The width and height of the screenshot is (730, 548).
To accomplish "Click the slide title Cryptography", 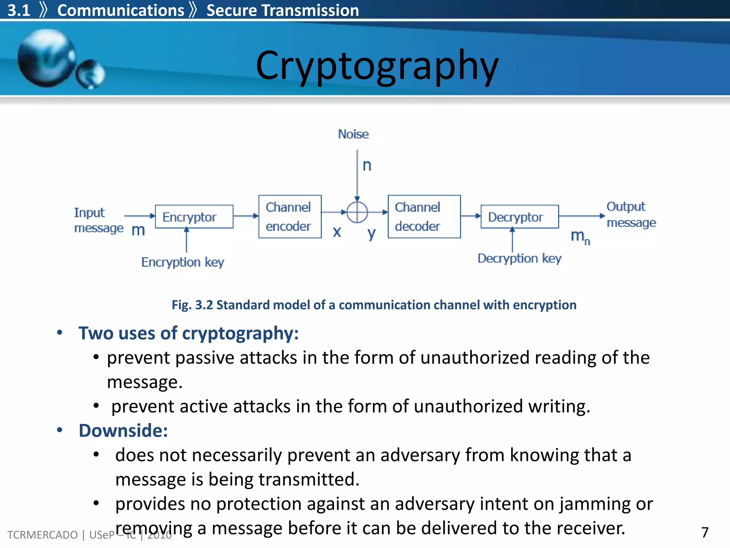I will coord(377,66).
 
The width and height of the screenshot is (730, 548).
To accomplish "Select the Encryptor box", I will coord(194,217).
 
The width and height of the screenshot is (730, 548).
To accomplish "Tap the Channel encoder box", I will coord(290,217).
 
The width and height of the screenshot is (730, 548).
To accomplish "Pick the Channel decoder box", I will coord(424,217).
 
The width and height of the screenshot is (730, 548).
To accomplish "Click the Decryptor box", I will coord(519,217).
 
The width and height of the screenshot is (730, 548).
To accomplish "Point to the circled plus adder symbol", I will coord(357,212).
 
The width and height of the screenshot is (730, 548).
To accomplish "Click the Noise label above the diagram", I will coord(353,134).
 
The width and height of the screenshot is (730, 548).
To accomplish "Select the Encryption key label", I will coord(182,262).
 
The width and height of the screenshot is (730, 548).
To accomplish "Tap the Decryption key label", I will coord(519,258).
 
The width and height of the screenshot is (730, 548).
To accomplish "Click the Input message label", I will coord(98,220).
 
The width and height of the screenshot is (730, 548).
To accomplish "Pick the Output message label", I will coord(631,214).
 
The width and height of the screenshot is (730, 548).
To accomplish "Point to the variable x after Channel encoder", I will coord(337,232).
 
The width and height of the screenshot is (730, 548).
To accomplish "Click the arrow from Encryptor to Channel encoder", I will coord(246,216).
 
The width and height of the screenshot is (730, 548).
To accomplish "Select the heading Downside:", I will coord(123,431).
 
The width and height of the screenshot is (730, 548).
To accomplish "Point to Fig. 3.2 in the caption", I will coord(192,305).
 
